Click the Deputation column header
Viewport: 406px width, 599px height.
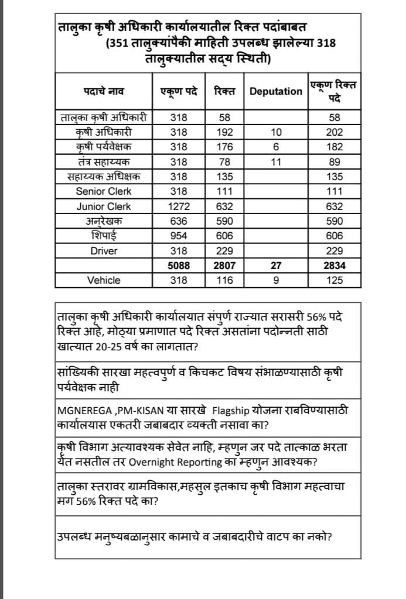(x=276, y=91)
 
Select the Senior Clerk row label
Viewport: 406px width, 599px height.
(x=104, y=191)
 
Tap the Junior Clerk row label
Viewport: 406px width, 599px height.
(x=104, y=206)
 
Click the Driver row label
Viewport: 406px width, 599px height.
(x=104, y=251)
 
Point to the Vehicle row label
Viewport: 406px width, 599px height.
(x=104, y=280)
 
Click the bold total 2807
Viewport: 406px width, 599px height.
(x=224, y=266)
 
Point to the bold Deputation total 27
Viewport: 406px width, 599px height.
(x=276, y=266)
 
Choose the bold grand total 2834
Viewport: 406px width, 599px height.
(x=335, y=266)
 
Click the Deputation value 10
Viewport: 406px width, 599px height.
(x=276, y=132)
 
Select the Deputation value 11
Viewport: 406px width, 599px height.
(x=276, y=162)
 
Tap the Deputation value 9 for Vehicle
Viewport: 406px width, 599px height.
(x=276, y=280)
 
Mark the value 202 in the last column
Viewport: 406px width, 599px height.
(x=335, y=132)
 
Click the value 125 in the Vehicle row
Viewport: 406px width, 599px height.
(x=335, y=280)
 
